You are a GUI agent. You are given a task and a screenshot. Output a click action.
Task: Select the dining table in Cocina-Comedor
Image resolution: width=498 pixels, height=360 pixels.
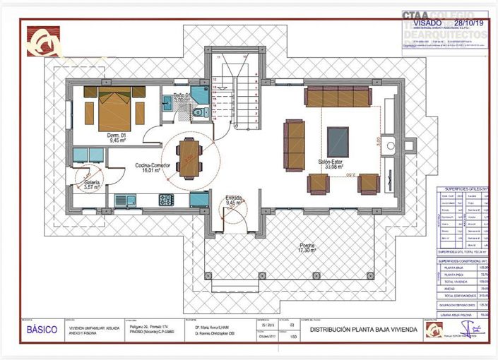click(x=189, y=157)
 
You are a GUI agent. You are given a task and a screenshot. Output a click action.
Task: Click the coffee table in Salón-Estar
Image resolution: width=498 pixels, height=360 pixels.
click(x=338, y=141)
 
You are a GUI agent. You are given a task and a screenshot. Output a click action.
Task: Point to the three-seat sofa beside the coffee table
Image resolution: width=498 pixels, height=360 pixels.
click(x=294, y=144)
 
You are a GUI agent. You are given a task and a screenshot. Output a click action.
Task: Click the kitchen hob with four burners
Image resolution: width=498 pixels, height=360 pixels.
click(x=166, y=200)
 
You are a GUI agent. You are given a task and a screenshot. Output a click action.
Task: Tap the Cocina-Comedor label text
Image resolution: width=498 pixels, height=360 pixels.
click(x=150, y=167)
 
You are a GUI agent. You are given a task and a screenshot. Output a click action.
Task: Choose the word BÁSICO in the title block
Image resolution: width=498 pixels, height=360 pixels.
click(x=43, y=330)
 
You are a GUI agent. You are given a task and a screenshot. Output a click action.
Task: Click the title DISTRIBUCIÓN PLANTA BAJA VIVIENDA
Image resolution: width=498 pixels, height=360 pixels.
click(x=364, y=330)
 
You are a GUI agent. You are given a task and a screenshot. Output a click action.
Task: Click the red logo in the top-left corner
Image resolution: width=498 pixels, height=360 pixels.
click(x=43, y=41)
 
